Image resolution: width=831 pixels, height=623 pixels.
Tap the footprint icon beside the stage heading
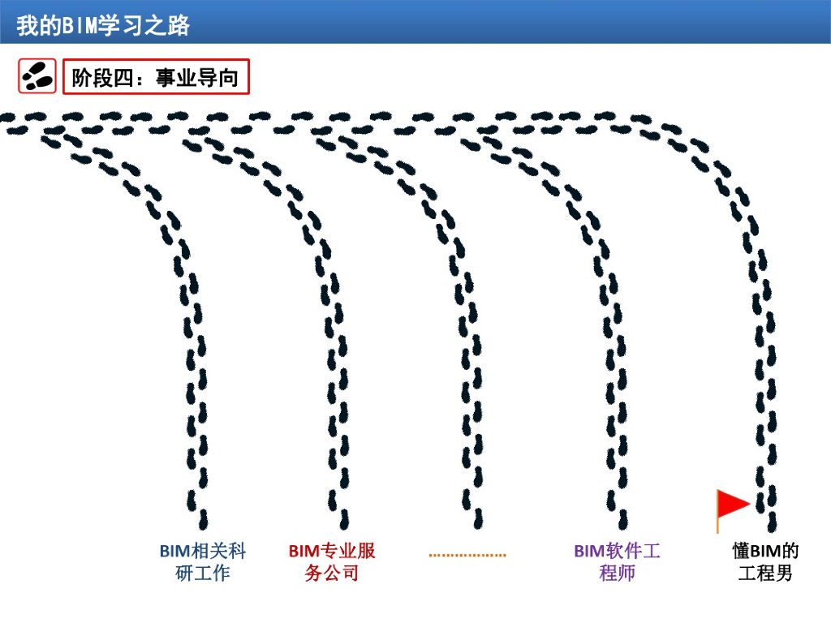tap(37, 76)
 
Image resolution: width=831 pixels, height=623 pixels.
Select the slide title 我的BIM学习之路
tap(103, 25)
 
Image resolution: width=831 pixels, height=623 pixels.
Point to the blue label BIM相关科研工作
tap(203, 562)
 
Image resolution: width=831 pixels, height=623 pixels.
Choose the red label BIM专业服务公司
tap(332, 562)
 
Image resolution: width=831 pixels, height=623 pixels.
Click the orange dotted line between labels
tap(467, 556)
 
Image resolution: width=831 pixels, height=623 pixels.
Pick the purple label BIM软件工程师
tap(618, 562)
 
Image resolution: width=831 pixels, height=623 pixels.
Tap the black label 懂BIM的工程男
tap(765, 562)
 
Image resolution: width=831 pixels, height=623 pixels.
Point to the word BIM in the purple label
tap(589, 552)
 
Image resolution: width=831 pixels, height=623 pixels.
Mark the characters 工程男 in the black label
tap(765, 574)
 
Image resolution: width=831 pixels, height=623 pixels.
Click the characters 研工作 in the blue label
tap(203, 574)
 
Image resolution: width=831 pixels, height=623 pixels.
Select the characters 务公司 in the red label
tap(332, 574)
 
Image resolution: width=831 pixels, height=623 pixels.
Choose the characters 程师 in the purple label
tap(618, 574)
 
